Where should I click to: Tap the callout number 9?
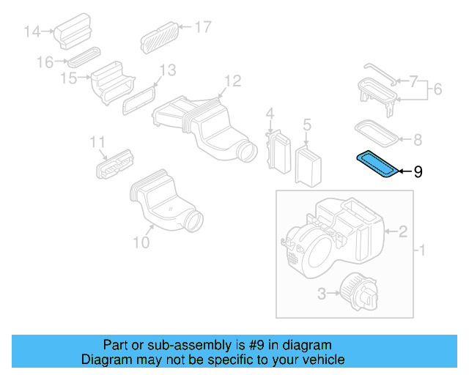point(418,172)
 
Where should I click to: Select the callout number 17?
point(202,28)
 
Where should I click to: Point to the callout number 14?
point(32,31)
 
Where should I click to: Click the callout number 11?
point(98,141)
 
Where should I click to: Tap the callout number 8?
point(418,138)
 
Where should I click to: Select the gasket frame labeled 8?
point(376,133)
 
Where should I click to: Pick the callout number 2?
point(402,232)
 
